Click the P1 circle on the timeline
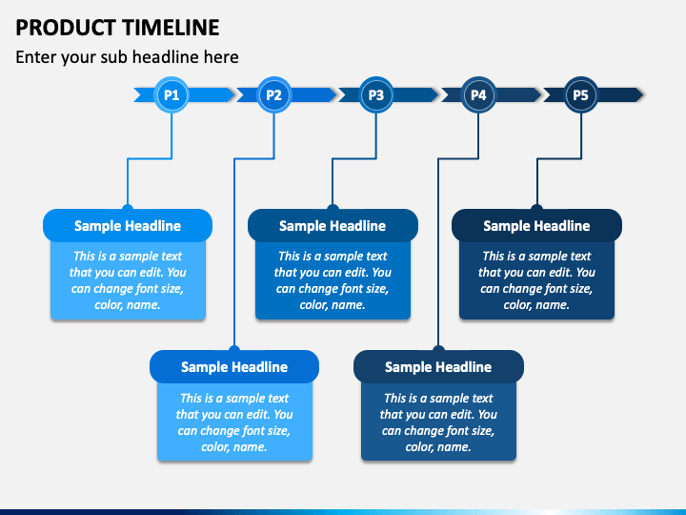[171, 95]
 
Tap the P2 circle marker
[273, 95]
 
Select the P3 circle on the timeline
[375, 95]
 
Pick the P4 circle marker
[478, 95]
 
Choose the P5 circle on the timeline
[580, 95]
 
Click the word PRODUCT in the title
[66, 28]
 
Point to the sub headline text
[127, 57]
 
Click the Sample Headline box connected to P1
[128, 225]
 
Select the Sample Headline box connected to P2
[234, 366]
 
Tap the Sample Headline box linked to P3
[333, 225]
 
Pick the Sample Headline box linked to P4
[438, 366]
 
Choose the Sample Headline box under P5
[536, 225]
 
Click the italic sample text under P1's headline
[128, 280]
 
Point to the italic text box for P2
[234, 422]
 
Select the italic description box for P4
[438, 422]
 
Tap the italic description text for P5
[536, 280]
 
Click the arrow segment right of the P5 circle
[620, 95]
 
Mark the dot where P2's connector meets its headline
[234, 349]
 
